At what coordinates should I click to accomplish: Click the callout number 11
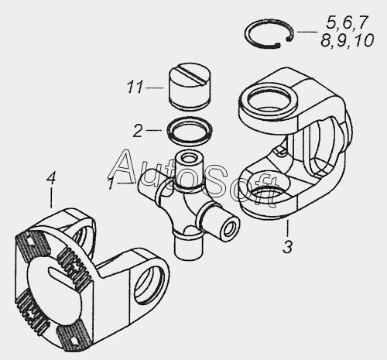click(135, 87)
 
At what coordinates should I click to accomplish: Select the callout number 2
click(138, 131)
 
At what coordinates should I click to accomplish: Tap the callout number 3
click(287, 247)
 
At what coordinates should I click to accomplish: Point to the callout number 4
click(51, 178)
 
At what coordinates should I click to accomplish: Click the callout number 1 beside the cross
click(111, 183)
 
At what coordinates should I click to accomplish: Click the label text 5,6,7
click(346, 22)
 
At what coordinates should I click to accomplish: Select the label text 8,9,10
click(348, 41)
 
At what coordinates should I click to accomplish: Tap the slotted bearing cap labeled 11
click(190, 87)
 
